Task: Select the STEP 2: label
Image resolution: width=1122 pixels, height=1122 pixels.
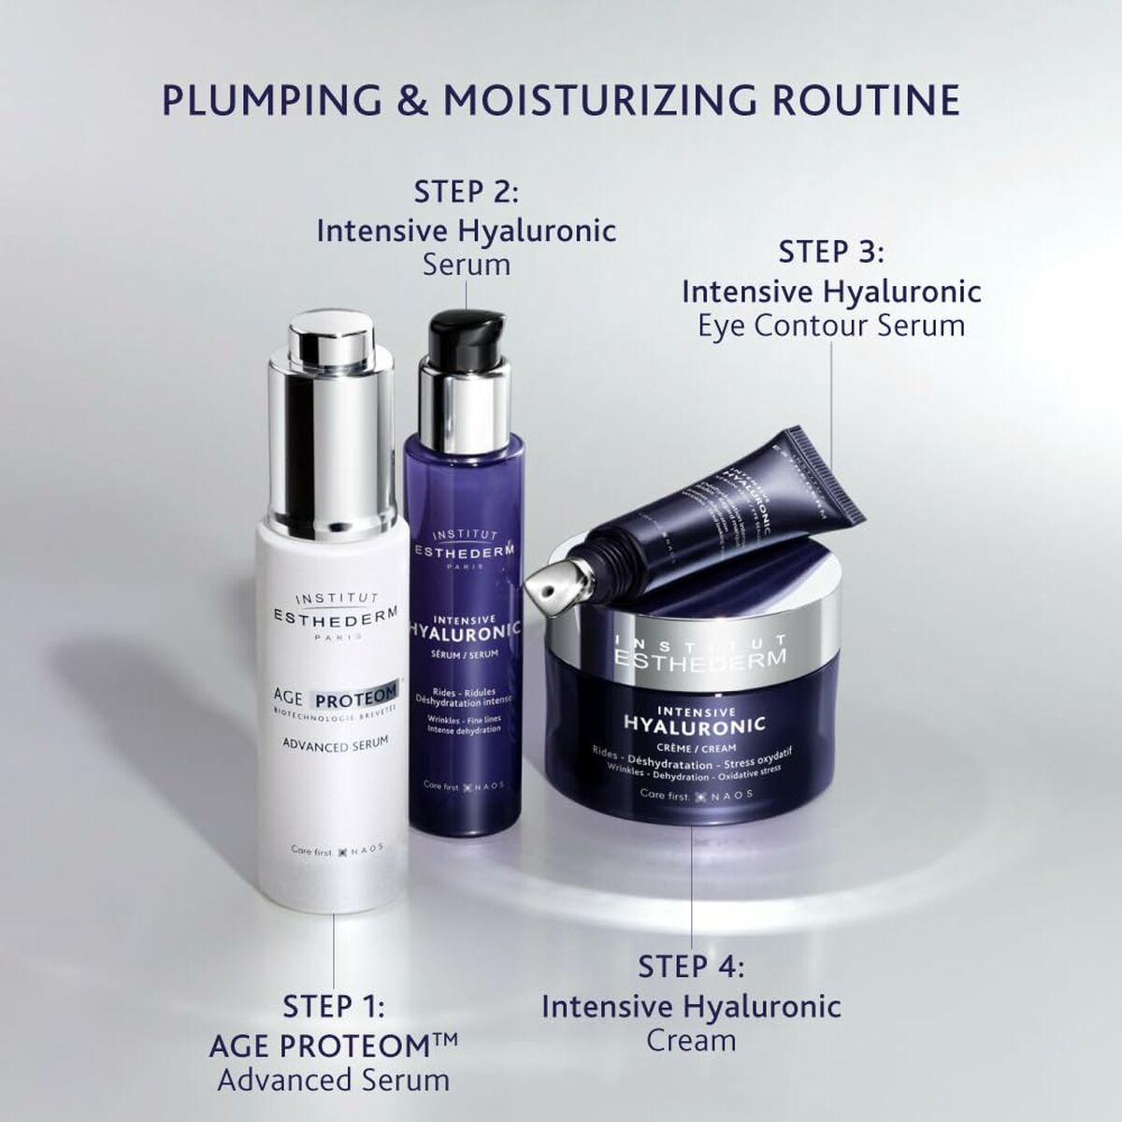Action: (x=466, y=193)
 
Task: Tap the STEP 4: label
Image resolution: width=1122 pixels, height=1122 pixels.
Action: (x=691, y=967)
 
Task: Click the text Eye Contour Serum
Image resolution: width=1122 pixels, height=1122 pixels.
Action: (x=831, y=325)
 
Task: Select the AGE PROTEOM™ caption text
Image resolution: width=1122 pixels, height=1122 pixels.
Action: (x=334, y=1043)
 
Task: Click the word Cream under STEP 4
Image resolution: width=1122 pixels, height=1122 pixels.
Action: (x=691, y=1041)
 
